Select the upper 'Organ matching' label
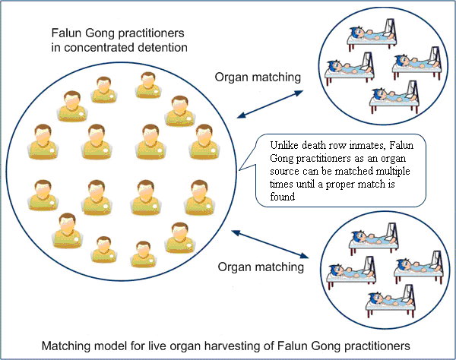258,77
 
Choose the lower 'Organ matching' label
261,267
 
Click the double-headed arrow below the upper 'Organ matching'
270,104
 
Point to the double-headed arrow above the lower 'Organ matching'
270,244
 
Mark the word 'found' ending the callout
283,197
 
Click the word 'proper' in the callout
340,185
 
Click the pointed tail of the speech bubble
239,170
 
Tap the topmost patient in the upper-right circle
372,34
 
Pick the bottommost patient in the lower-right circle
391,302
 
